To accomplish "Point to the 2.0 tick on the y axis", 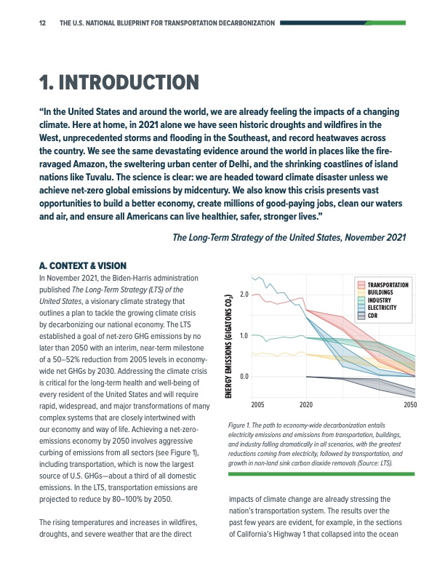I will point(244,294).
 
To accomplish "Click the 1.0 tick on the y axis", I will point(244,335).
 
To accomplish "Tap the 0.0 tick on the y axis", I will point(244,377).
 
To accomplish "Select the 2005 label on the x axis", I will point(257,404).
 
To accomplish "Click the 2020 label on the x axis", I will point(306,404).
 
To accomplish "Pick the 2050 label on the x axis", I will point(410,404).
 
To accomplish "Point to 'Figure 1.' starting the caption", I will point(240,423).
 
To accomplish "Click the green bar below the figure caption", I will point(321,473).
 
